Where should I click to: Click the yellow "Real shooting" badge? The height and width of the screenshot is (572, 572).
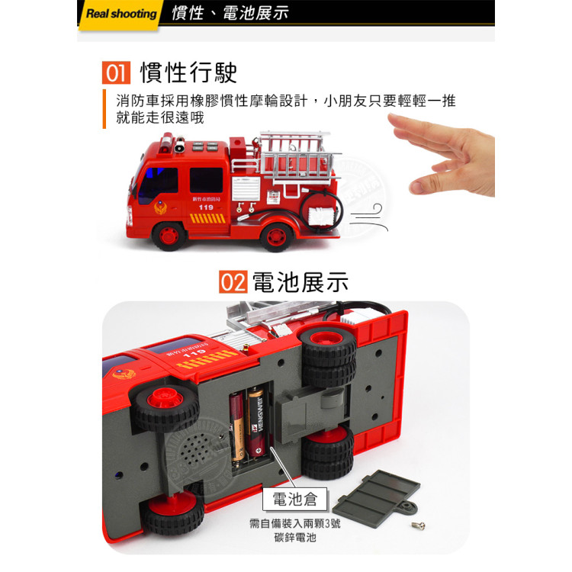pyautogui.click(x=120, y=14)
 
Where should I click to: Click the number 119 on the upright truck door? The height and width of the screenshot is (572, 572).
pyautogui.click(x=206, y=207)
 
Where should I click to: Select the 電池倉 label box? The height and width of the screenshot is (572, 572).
pyautogui.click(x=295, y=500)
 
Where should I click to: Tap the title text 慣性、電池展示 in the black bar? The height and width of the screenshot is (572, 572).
pyautogui.click(x=230, y=14)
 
